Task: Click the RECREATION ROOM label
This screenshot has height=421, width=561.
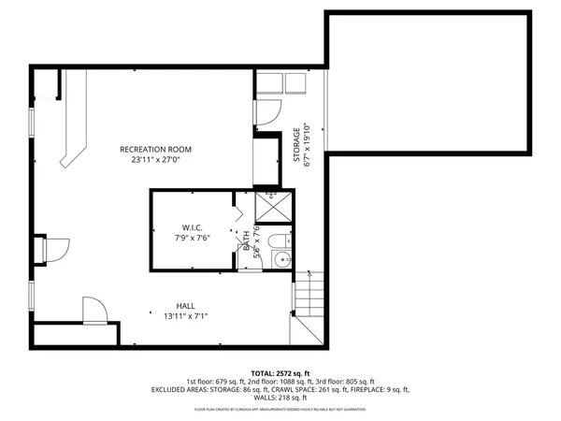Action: pyautogui.click(x=155, y=149)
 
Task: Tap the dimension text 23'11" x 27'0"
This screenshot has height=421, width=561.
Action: pyautogui.click(x=155, y=160)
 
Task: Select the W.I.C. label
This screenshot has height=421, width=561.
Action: pyautogui.click(x=193, y=226)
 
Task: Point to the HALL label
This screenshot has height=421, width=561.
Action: pyautogui.click(x=187, y=306)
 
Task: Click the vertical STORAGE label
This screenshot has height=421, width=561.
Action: pyautogui.click(x=296, y=146)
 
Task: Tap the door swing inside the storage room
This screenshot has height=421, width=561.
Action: pyautogui.click(x=266, y=111)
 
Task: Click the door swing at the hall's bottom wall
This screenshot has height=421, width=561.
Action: pyautogui.click(x=94, y=311)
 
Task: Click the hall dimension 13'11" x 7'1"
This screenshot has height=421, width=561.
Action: pyautogui.click(x=187, y=316)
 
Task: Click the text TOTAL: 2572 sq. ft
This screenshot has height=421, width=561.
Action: pyautogui.click(x=280, y=372)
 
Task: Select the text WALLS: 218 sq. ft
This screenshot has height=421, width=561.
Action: pyautogui.click(x=280, y=398)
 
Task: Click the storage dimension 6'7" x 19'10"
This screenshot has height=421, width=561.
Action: pyautogui.click(x=307, y=146)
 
